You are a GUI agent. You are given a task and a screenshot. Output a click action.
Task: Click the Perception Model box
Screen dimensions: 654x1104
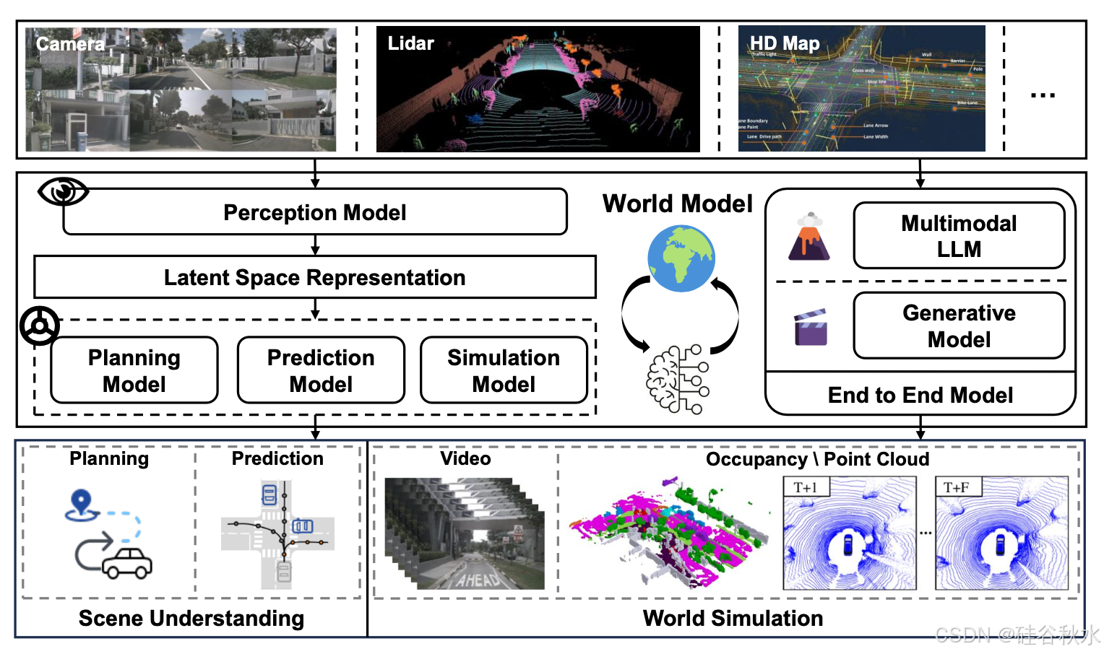[315, 212]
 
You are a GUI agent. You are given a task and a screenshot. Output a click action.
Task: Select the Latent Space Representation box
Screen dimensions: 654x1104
[315, 277]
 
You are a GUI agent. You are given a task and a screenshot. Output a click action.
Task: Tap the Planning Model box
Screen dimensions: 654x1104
[134, 370]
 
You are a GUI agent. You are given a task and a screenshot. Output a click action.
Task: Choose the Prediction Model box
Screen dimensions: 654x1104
[321, 370]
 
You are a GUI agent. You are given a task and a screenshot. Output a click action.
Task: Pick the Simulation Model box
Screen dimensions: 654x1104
[504, 370]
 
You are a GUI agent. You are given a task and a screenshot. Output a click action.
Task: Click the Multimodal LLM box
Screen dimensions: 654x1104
[959, 236]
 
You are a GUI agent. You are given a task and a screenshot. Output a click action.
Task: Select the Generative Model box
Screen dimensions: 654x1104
[959, 326]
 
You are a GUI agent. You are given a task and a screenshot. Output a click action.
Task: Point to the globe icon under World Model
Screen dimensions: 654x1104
[681, 258]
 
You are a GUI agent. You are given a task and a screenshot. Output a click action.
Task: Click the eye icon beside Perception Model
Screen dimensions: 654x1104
[63, 191]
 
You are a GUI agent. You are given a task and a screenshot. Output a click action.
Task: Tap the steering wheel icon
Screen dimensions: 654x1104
[40, 326]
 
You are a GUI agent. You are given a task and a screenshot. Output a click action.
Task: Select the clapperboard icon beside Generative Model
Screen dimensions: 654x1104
[811, 328]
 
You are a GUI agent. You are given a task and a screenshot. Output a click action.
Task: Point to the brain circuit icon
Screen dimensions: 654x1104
[678, 380]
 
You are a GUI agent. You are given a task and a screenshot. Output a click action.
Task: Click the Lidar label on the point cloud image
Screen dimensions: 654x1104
[410, 44]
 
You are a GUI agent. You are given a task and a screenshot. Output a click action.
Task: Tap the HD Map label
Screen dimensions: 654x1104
[785, 44]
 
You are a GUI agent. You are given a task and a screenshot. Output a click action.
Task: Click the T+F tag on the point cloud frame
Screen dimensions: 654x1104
[957, 487]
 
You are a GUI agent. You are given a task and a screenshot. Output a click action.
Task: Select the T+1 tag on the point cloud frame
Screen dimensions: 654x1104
[805, 487]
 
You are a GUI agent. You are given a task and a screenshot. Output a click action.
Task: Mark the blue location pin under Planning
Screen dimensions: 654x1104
[82, 503]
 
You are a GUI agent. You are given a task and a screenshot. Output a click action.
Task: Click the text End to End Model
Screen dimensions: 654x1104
[920, 395]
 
